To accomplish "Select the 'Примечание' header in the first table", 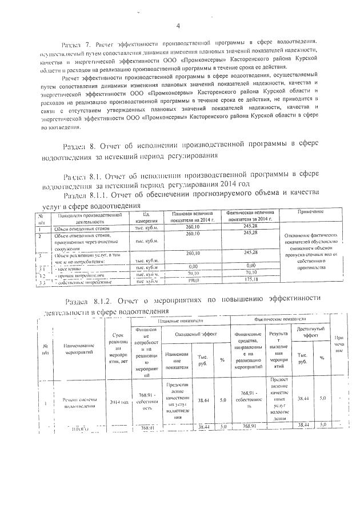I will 310,212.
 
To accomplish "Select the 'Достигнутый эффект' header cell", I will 310,332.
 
